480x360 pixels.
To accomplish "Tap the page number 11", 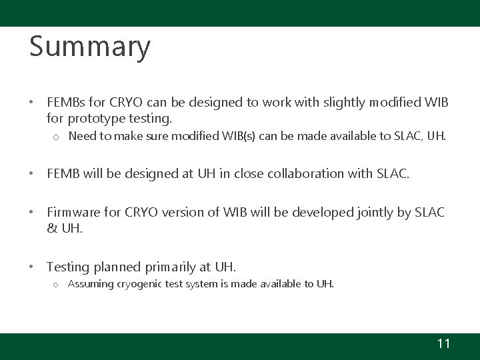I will (x=443, y=344).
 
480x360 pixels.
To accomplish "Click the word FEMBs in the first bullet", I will (x=65, y=104).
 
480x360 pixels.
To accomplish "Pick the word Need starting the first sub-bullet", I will (x=82, y=137).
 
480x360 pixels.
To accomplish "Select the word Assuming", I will (x=91, y=284).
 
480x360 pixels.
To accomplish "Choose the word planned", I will (x=117, y=267).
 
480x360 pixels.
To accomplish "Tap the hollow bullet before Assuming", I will (x=56, y=285).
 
